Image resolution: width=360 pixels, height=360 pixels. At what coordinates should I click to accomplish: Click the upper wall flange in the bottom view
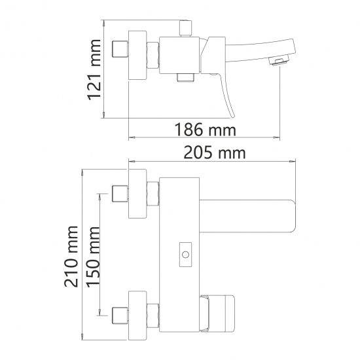pyautogui.click(x=137, y=194)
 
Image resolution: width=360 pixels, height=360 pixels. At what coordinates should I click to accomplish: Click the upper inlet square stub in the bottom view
pyautogui.click(x=120, y=194)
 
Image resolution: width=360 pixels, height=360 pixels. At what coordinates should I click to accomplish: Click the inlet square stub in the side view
pyautogui.click(x=120, y=50)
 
